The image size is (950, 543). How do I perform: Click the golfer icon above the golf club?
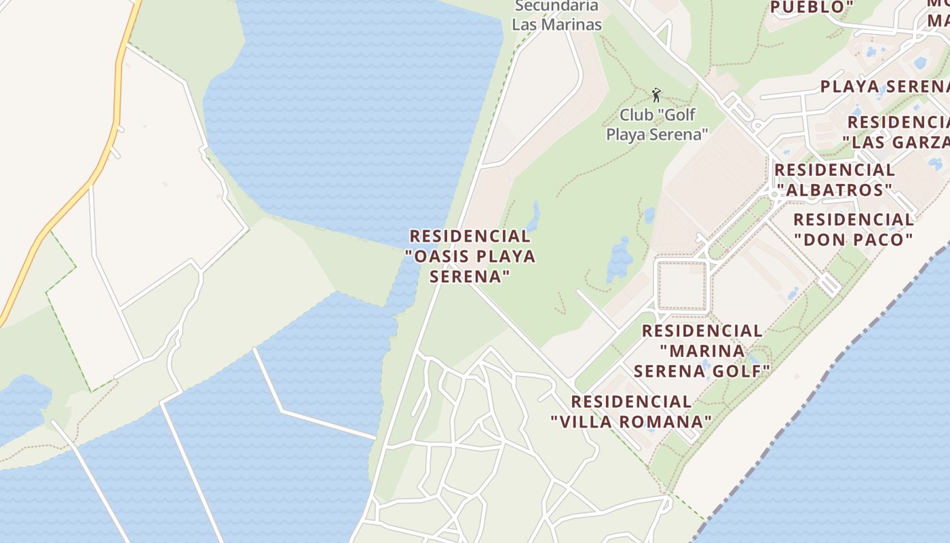pyautogui.click(x=655, y=94)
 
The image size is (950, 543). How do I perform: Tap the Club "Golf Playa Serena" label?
pyautogui.click(x=656, y=125)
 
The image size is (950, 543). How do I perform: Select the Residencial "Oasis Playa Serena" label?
pyautogui.click(x=470, y=257)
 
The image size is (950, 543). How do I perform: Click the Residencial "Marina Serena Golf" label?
pyautogui.click(x=702, y=351)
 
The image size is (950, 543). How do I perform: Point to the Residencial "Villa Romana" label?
pyautogui.click(x=632, y=412)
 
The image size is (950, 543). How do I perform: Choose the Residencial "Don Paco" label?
pyautogui.click(x=854, y=229)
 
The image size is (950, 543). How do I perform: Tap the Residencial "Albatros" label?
pyautogui.click(x=835, y=180)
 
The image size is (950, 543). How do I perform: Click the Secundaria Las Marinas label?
pyautogui.click(x=556, y=16)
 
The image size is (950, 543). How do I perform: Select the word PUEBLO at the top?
pyautogui.click(x=811, y=7)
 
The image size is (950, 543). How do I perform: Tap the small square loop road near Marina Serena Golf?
pyautogui.click(x=682, y=285)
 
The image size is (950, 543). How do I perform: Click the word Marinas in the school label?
pyautogui.click(x=573, y=25)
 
